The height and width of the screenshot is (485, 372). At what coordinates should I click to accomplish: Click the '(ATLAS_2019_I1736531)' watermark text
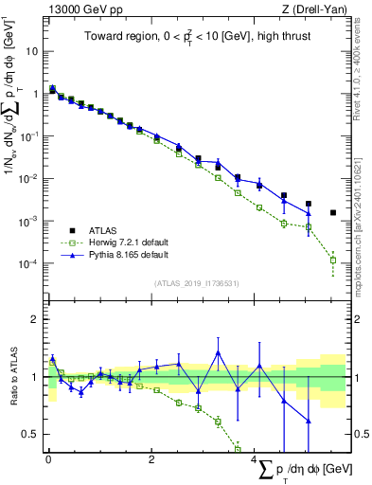pyautogui.click(x=197, y=283)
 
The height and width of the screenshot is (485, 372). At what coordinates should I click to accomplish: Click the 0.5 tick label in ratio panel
pyautogui.click(x=30, y=434)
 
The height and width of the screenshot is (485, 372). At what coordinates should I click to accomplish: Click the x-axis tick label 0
pyautogui.click(x=48, y=459)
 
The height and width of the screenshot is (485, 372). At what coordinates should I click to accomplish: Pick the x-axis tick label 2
pyautogui.click(x=151, y=459)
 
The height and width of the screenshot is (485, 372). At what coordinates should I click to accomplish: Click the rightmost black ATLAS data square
pyautogui.click(x=332, y=213)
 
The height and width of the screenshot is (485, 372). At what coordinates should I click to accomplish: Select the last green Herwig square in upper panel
pyautogui.click(x=332, y=260)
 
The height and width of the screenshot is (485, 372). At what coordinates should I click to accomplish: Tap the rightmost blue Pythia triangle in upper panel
pyautogui.click(x=308, y=212)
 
